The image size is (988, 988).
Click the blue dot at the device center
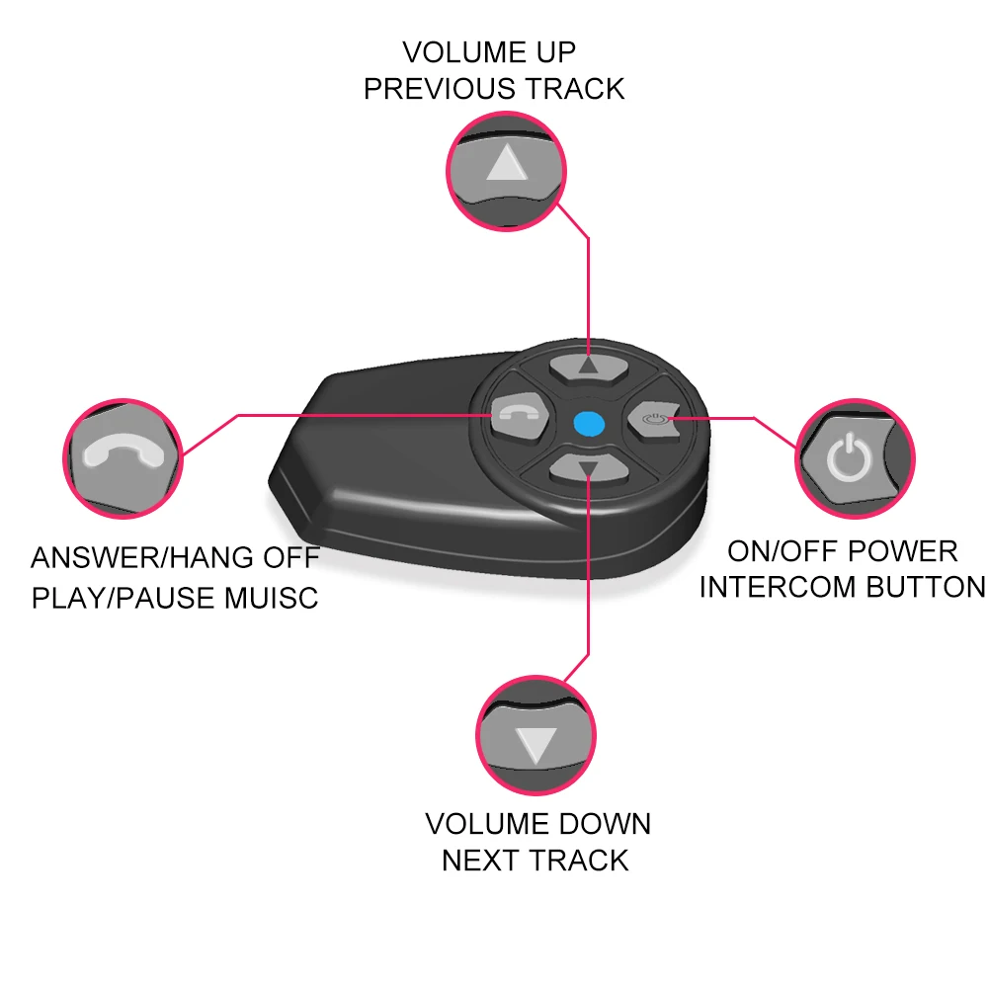coord(588,424)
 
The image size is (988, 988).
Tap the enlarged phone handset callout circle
coord(123,455)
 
